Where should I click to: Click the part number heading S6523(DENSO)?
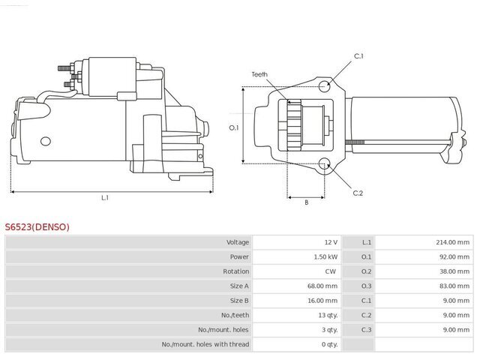(37, 226)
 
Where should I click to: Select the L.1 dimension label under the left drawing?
(105, 198)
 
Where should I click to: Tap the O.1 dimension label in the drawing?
(234, 127)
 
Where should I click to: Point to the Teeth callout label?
(259, 74)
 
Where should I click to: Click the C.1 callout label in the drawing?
(358, 56)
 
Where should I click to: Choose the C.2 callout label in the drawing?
(358, 193)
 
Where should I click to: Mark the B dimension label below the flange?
(307, 202)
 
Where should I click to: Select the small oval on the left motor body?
(46, 141)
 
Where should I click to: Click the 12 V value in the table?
(331, 242)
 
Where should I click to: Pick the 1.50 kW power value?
(325, 256)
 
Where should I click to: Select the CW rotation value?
(331, 271)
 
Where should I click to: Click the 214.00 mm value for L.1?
(452, 242)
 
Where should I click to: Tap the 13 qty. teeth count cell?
(328, 315)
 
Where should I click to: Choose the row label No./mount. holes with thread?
(205, 344)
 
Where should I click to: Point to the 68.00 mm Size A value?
(322, 286)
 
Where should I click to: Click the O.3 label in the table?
(366, 286)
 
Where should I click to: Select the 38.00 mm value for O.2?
(454, 271)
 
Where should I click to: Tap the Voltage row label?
(238, 242)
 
